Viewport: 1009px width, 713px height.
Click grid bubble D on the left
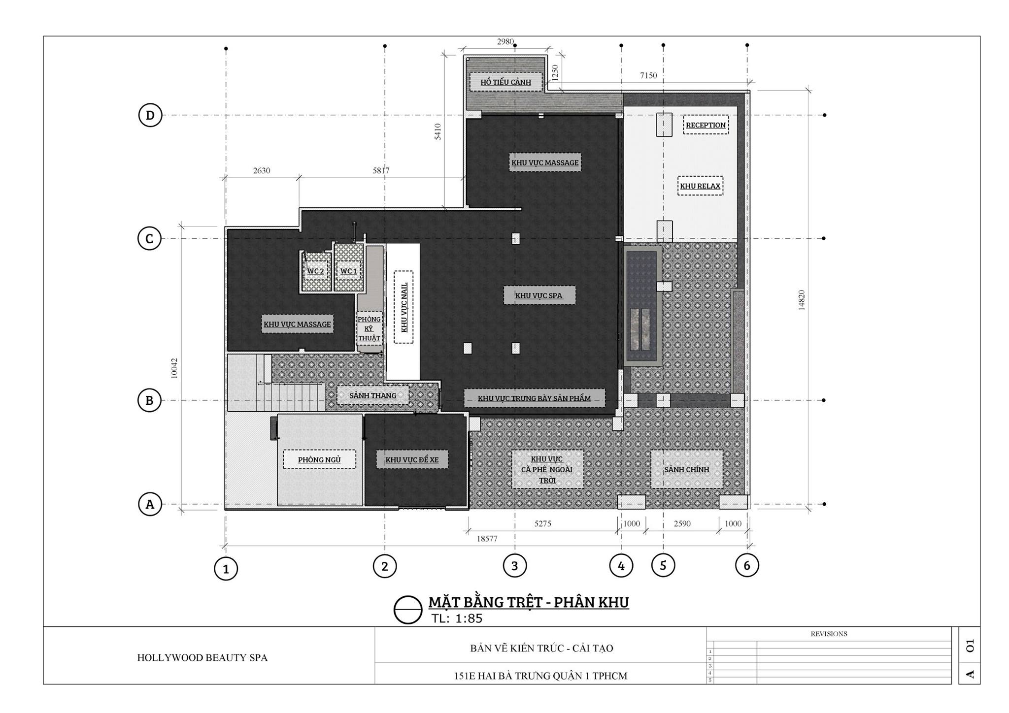[150, 115]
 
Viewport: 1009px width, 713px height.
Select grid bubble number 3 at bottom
[515, 566]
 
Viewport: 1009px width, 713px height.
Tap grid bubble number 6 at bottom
[747, 566]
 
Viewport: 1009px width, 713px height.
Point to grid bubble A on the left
[150, 504]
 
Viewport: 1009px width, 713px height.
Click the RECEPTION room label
[706, 125]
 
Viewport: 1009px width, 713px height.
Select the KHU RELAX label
[700, 186]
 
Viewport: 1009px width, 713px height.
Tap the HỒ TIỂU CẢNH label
[505, 82]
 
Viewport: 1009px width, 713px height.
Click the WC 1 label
[348, 271]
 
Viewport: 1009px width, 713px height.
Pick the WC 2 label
[315, 271]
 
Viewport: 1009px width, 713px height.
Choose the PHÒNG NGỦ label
[319, 460]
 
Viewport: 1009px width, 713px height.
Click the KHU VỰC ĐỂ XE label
[412, 460]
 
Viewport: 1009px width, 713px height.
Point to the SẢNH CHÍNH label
[687, 470]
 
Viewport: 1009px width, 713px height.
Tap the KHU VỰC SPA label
[538, 296]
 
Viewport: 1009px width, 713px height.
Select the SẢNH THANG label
[373, 395]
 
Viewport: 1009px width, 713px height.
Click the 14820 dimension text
[802, 300]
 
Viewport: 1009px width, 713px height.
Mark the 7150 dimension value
[648, 75]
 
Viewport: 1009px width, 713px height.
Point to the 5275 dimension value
[542, 524]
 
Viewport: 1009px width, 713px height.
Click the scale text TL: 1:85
[457, 618]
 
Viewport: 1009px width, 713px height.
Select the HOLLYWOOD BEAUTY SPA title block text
[202, 658]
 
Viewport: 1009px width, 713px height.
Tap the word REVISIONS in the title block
[829, 634]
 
